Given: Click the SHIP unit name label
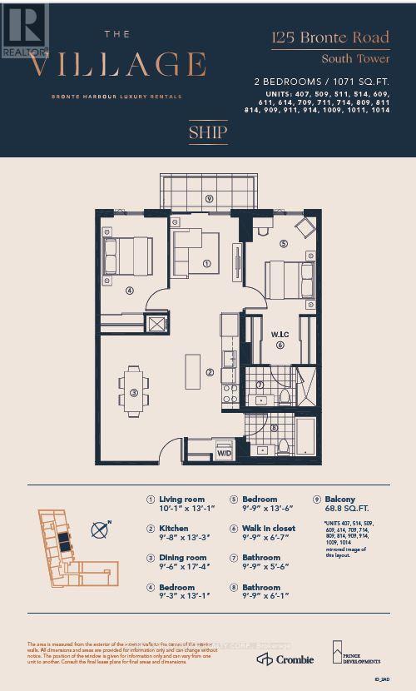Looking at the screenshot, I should pyautogui.click(x=207, y=132).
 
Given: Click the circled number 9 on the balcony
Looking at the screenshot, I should pyautogui.click(x=210, y=199).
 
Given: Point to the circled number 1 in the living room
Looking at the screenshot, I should pyautogui.click(x=206, y=265).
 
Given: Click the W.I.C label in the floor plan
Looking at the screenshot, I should pyautogui.click(x=279, y=336).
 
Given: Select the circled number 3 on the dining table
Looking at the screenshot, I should pyautogui.click(x=133, y=393).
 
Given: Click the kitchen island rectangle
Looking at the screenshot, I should pyautogui.click(x=192, y=370).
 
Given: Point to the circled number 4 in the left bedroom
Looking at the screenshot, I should pyautogui.click(x=130, y=291).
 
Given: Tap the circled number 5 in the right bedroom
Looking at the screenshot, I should pyautogui.click(x=283, y=244).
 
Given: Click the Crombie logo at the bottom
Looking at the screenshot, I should pyautogui.click(x=285, y=659).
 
